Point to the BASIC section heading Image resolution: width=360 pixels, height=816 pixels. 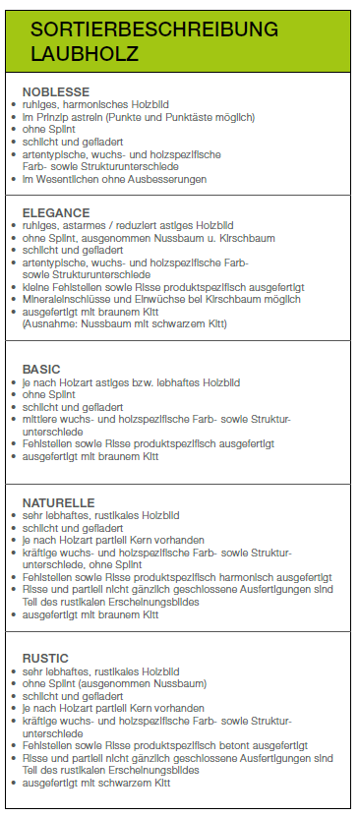pyautogui.click(x=40, y=369)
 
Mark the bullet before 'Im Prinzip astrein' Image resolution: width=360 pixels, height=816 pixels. pyautogui.click(x=14, y=117)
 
